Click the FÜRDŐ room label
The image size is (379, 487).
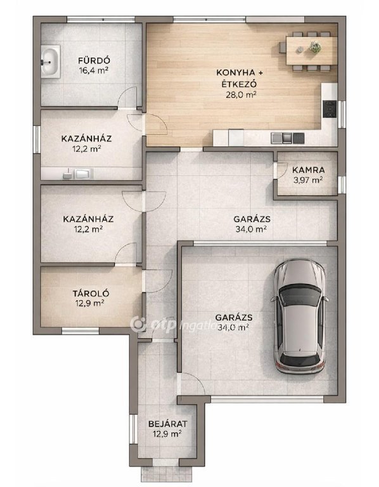point(94,60)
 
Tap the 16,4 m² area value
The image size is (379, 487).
point(94,70)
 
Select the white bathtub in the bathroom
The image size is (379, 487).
point(50,62)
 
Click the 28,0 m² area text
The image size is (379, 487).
point(241,94)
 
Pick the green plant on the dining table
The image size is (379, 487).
point(315,47)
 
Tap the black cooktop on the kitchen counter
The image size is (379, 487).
point(330,108)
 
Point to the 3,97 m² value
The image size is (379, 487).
point(308,180)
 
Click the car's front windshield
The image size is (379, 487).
point(300,297)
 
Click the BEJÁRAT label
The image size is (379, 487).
point(167,424)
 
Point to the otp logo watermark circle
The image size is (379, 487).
point(138,325)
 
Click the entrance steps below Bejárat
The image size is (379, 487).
point(167,474)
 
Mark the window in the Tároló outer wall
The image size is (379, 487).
point(80,331)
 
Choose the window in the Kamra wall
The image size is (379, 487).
point(342,184)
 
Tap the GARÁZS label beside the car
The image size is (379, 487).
point(233,318)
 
